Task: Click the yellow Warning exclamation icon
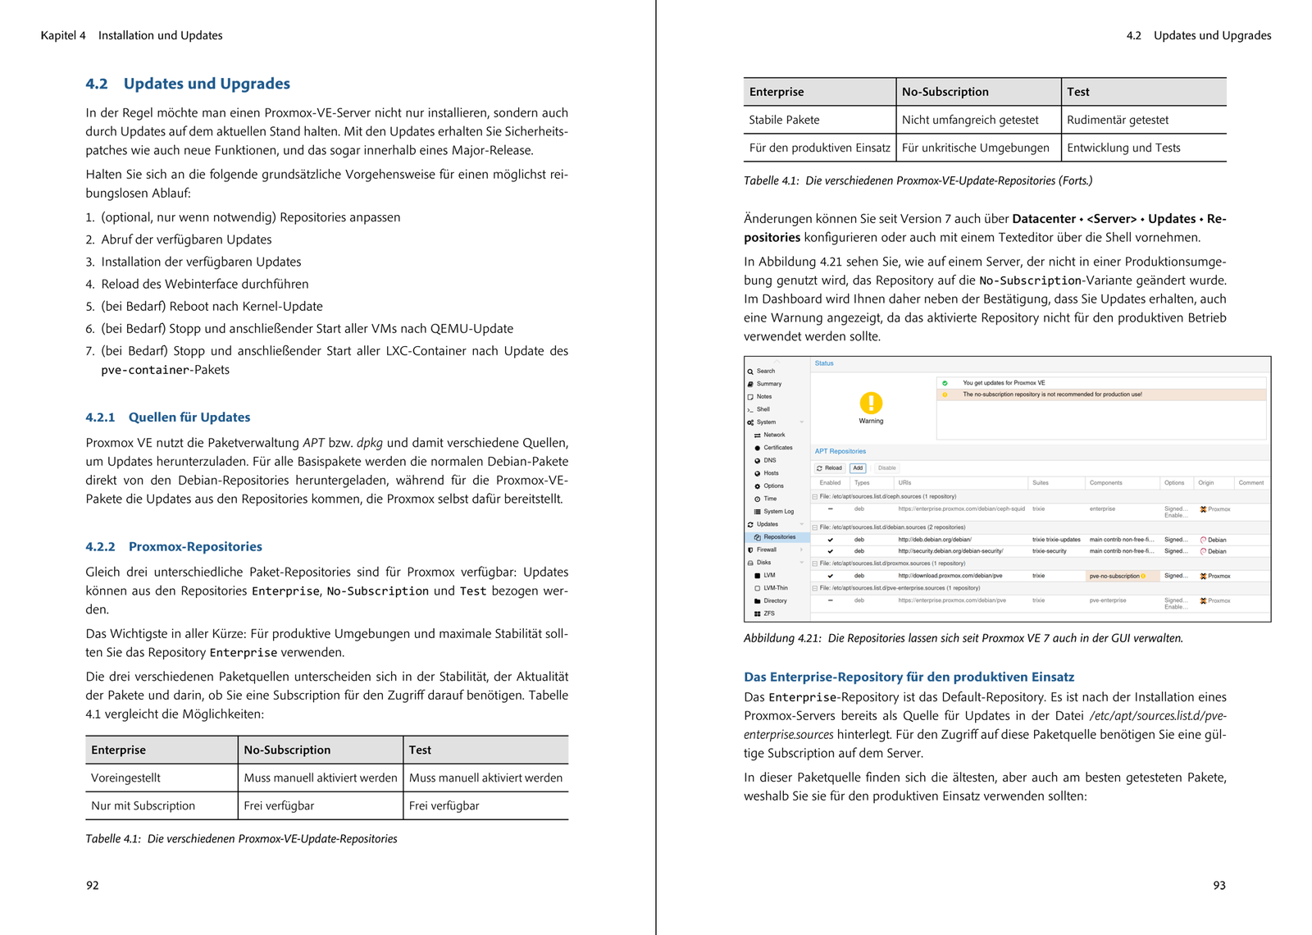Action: [x=871, y=403]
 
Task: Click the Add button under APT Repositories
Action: [x=858, y=468]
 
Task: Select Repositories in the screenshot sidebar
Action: [x=779, y=537]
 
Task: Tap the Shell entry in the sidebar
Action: [x=763, y=409]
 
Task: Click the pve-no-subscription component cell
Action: [x=1114, y=576]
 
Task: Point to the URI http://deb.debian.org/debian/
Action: [x=935, y=540]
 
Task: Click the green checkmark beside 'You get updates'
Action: [x=945, y=383]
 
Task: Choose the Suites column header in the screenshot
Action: [x=1040, y=483]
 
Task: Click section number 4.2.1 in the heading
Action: [x=100, y=417]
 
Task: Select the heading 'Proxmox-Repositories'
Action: [x=195, y=547]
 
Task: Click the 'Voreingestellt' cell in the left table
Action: [x=125, y=778]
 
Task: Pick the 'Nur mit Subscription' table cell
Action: [x=143, y=805]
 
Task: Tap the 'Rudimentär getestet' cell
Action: [x=1118, y=120]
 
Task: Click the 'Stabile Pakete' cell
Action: [x=784, y=120]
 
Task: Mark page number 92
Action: [x=93, y=885]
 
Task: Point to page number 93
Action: [x=1219, y=885]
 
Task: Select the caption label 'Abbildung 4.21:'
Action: [x=781, y=638]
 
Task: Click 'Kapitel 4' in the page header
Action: [x=63, y=35]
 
